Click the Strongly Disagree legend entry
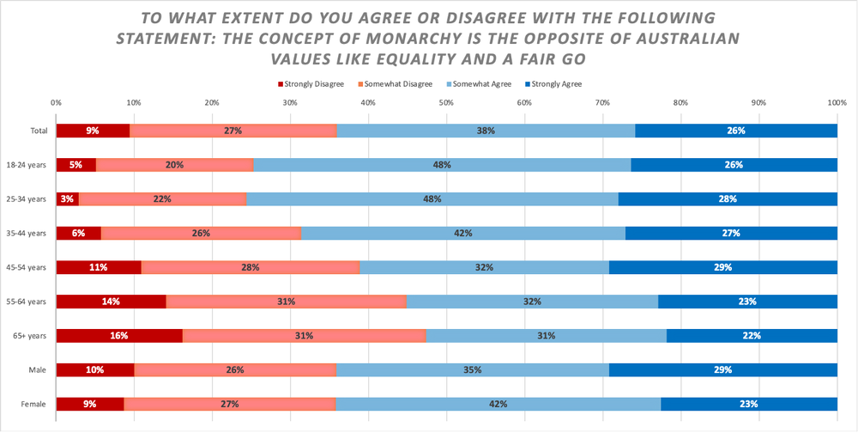click(311, 83)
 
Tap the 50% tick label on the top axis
click(446, 103)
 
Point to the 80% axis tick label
click(680, 103)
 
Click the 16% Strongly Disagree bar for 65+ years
click(119, 335)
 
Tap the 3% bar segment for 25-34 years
click(67, 199)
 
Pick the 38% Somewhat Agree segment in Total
click(486, 131)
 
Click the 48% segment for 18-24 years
click(442, 165)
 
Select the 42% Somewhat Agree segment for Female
click(498, 404)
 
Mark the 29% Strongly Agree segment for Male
click(722, 369)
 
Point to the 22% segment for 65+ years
click(752, 335)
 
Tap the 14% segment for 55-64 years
click(111, 302)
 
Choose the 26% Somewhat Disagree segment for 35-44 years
click(202, 233)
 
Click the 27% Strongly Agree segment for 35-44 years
click(731, 233)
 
